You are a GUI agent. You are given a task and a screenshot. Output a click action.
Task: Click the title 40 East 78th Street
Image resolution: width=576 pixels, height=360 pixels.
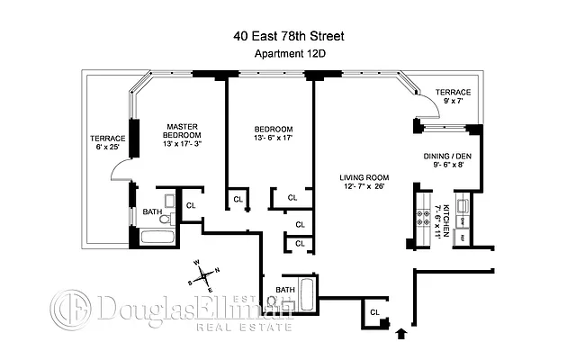[287, 36]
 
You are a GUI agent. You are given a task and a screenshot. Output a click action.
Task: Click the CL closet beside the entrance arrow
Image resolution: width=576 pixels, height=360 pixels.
[373, 311]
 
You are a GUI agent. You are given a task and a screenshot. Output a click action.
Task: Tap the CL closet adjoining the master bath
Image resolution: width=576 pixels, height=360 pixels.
[191, 205]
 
